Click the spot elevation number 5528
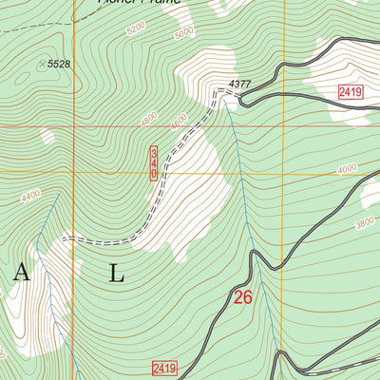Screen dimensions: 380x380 tap(60, 63)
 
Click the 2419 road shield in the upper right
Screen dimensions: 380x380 tap(351, 91)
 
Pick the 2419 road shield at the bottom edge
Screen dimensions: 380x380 tap(164, 367)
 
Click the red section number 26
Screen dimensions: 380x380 tap(243, 297)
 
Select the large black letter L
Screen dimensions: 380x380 tap(116, 274)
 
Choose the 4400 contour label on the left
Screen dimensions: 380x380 tap(30, 196)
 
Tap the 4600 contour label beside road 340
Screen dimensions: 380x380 tap(178, 123)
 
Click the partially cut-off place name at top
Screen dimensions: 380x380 tap(137, 3)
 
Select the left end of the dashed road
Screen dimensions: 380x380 tap(64, 240)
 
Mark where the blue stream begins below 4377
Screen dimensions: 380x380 tap(230, 111)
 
